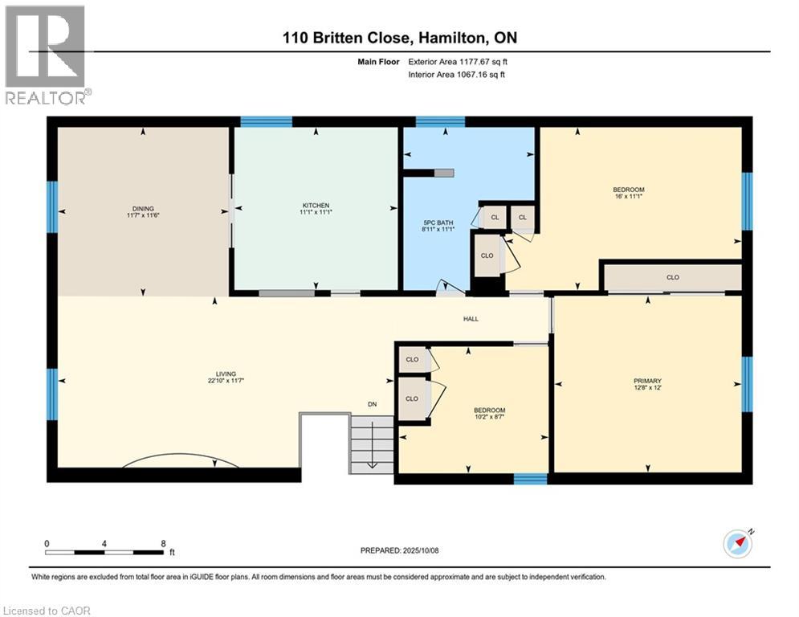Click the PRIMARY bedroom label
coord(646,381)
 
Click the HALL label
coord(471,319)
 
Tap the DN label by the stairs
coord(372,404)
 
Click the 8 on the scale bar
coord(164,543)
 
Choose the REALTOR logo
coord(46,55)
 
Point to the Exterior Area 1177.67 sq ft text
coord(459,61)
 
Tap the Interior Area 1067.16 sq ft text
coord(457,75)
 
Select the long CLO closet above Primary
coord(672,277)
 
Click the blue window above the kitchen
coord(266,121)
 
